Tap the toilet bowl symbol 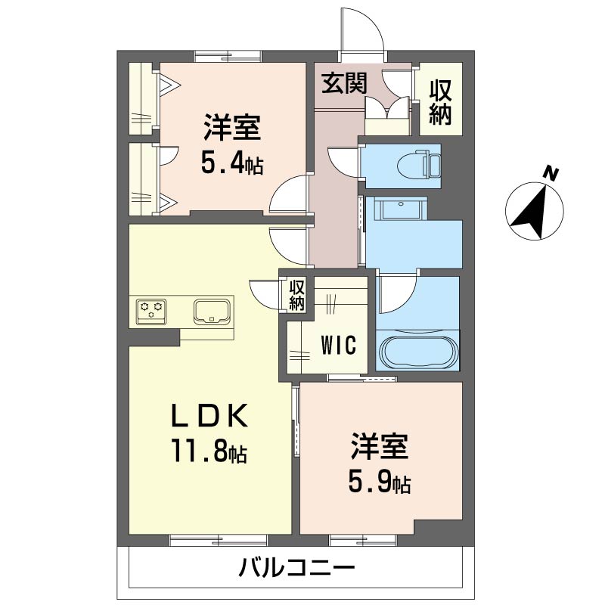pyautogui.click(x=413, y=166)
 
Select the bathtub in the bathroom pyautogui.click(x=418, y=352)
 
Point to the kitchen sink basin pyautogui.click(x=213, y=311)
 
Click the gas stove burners pyautogui.click(x=150, y=311)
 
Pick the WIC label pyautogui.click(x=338, y=345)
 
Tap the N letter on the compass pyautogui.click(x=551, y=175)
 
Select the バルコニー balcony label pyautogui.click(x=296, y=569)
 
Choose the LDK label pyautogui.click(x=210, y=416)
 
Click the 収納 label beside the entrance pyautogui.click(x=440, y=102)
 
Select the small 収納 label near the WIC pyautogui.click(x=296, y=295)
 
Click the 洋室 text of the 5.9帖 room pyautogui.click(x=379, y=447)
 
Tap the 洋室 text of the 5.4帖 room pyautogui.click(x=232, y=128)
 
